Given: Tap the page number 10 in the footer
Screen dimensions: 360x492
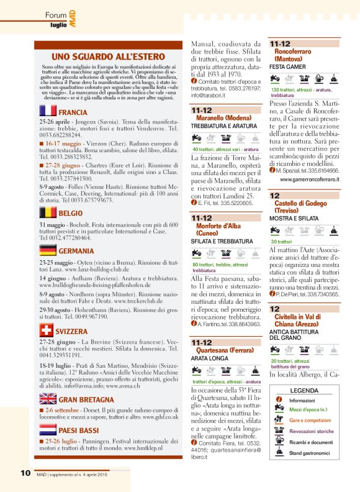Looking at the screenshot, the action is click(x=25, y=474).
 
